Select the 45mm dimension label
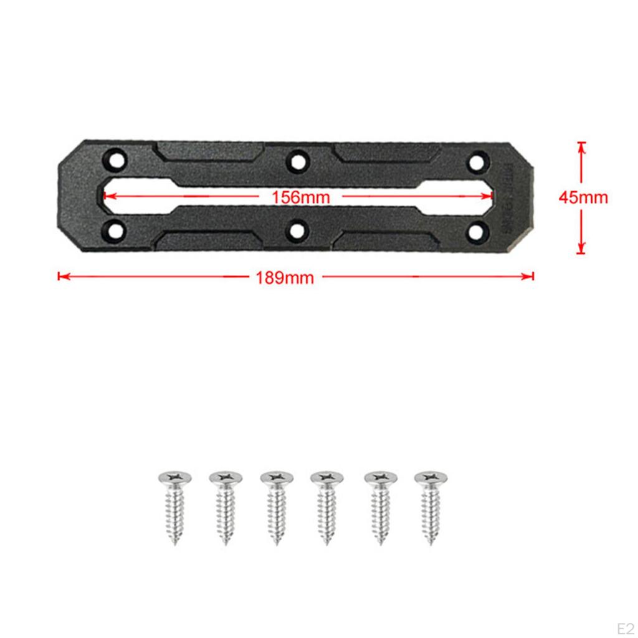583,198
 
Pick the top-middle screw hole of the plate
297,162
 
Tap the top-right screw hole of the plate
478,162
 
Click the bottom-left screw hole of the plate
115,231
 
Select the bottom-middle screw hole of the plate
297,232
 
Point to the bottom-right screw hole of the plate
478,232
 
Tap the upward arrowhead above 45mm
581,146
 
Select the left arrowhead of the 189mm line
61,276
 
